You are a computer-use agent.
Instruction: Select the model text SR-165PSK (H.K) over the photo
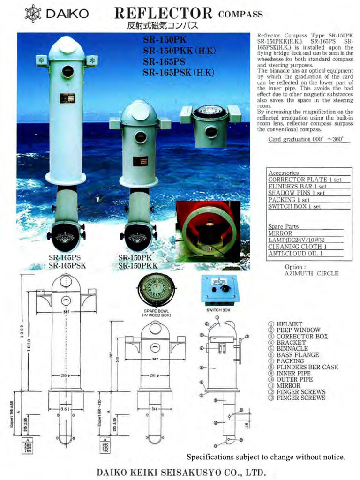click(x=179, y=72)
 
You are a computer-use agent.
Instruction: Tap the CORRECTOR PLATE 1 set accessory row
click(x=305, y=180)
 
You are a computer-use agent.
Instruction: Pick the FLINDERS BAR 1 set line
click(x=297, y=186)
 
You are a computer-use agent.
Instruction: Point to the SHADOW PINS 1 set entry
click(x=296, y=193)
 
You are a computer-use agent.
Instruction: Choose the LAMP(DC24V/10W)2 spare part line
click(x=297, y=240)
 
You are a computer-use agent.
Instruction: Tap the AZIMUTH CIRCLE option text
click(x=311, y=273)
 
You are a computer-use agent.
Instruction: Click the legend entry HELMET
click(x=289, y=324)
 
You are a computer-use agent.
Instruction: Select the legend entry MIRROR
click(x=288, y=385)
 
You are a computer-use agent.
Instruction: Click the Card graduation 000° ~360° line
click(x=306, y=139)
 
